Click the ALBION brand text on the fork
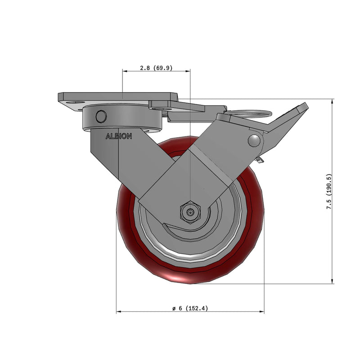pos(119,136)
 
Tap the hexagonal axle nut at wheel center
pos(190,211)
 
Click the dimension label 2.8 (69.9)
pos(156,68)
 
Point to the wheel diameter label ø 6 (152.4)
pos(190,308)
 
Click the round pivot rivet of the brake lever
pos(255,140)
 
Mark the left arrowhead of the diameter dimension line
pos(118,311)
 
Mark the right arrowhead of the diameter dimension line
pos(262,311)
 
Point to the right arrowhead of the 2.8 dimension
pos(189,71)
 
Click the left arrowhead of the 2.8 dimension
pos(124,71)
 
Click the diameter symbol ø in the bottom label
pos(174,309)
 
